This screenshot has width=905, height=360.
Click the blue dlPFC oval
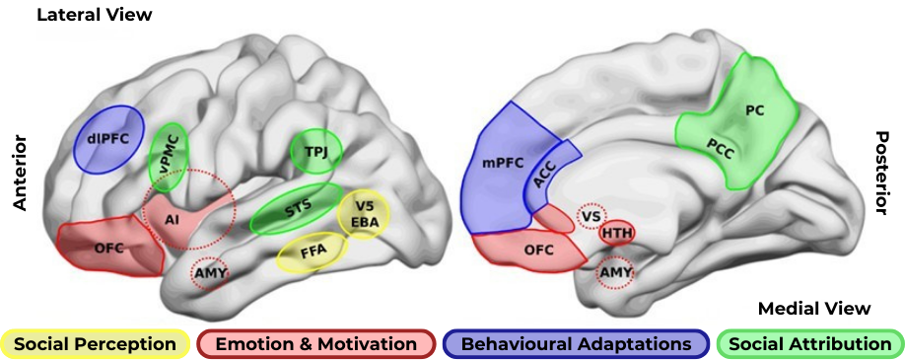pos(109,139)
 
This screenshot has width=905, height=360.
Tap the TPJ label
pos(315,151)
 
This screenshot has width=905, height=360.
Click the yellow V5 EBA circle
pos(364,214)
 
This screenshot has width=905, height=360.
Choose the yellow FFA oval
pos(313,252)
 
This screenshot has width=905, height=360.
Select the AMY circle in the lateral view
pos(210,273)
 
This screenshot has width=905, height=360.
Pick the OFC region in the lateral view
pos(110,246)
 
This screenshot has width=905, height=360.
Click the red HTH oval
pos(617,234)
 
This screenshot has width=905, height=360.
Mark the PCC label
pos(721,150)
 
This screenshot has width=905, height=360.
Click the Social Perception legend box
pos(96,344)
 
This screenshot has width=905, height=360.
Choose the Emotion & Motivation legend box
pos(315,344)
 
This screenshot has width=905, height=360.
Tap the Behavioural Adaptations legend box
pos(576,344)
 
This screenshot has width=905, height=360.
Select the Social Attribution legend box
pos(810,344)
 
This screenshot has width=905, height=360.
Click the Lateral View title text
pos(94,15)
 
